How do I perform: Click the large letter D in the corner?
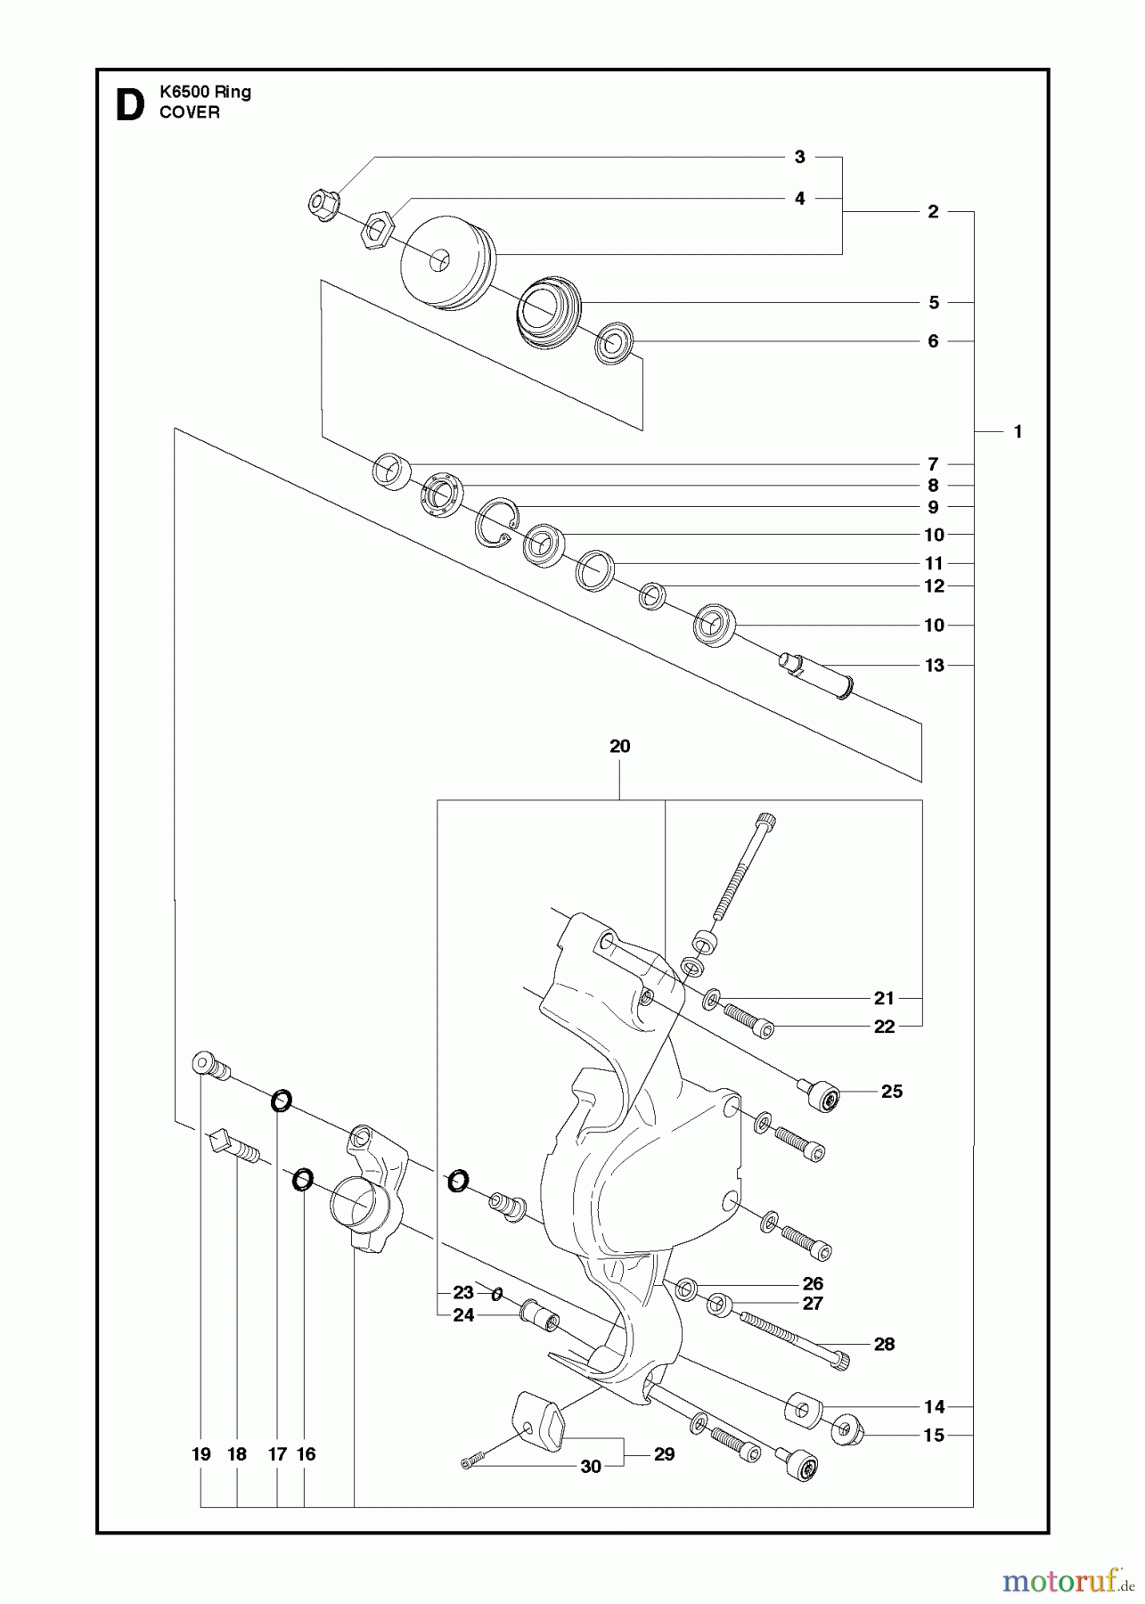[129, 104]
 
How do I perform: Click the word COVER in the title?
[189, 113]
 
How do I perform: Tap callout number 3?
[799, 157]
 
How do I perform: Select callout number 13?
[934, 665]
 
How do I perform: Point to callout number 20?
[619, 746]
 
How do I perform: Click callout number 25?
[891, 1091]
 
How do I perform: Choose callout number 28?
[883, 1344]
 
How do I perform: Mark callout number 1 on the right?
[1017, 431]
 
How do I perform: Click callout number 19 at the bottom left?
[200, 1453]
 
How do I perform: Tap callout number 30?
[591, 1467]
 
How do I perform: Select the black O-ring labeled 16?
[302, 1181]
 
